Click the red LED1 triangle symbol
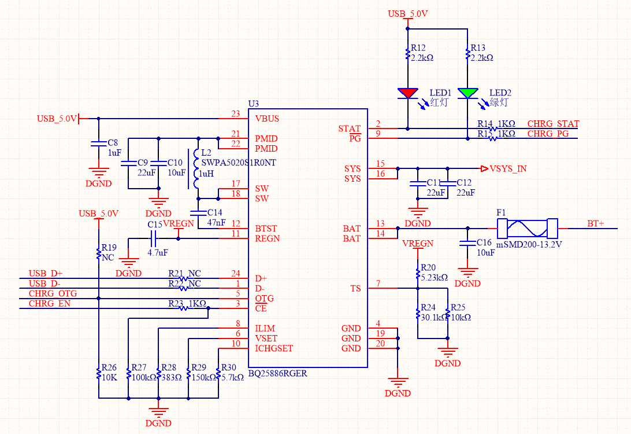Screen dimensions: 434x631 pyautogui.click(x=408, y=93)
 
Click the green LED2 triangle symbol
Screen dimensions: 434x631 pyautogui.click(x=467, y=93)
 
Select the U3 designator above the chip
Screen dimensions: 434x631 pyautogui.click(x=253, y=104)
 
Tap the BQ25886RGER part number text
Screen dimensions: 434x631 pyautogui.click(x=277, y=373)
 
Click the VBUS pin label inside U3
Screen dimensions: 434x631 pyautogui.click(x=267, y=119)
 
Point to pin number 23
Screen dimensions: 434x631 pyautogui.click(x=235, y=114)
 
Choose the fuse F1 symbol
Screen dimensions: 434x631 pyautogui.click(x=528, y=228)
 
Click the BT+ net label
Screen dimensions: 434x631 pyautogui.click(x=596, y=223)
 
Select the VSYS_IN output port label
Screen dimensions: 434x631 pyautogui.click(x=508, y=169)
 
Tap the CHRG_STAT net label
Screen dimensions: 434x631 pyautogui.click(x=553, y=124)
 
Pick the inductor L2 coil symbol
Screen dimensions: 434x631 pyautogui.click(x=196, y=170)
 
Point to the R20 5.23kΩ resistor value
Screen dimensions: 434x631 pyautogui.click(x=434, y=277)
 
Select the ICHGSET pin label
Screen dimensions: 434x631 pyautogui.click(x=274, y=348)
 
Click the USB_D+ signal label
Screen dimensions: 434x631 pyautogui.click(x=46, y=274)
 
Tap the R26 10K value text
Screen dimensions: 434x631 pyautogui.click(x=110, y=377)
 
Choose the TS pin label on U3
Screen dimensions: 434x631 pyautogui.click(x=355, y=288)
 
